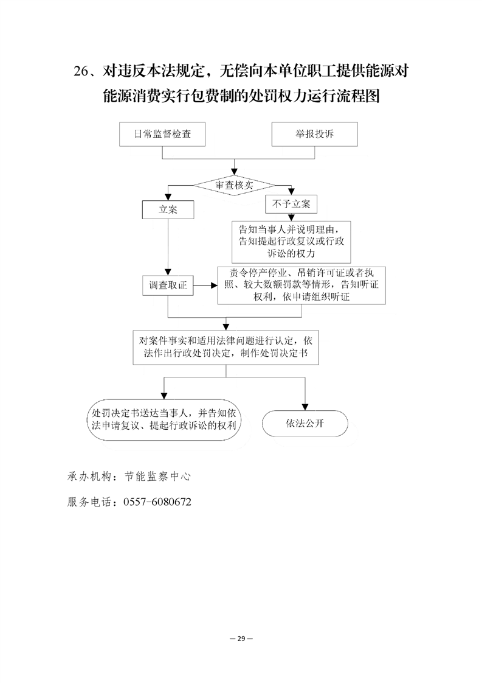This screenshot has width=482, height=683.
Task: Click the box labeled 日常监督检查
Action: [x=162, y=134]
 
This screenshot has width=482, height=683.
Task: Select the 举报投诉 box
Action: [x=314, y=134]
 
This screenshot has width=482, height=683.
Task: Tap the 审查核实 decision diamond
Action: [x=234, y=185]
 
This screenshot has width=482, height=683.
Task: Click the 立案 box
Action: [x=168, y=209]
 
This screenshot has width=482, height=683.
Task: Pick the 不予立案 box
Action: [x=291, y=204]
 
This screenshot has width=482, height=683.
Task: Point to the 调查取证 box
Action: [x=168, y=285]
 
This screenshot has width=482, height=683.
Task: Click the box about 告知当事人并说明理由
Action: [x=291, y=241]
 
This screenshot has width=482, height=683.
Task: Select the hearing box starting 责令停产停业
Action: [x=301, y=285]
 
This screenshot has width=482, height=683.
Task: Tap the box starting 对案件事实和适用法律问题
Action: [x=226, y=347]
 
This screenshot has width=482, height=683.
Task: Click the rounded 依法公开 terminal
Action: [x=305, y=423]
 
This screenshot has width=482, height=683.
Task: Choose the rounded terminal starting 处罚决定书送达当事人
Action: [x=164, y=419]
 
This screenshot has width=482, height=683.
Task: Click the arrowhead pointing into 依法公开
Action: [x=305, y=407]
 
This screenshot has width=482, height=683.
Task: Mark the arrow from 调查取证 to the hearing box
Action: [x=205, y=285]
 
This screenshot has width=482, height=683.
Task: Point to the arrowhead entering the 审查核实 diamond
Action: [x=234, y=172]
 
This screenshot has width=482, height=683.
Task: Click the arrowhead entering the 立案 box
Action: [x=168, y=197]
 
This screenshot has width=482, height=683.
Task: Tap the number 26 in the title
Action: [x=81, y=71]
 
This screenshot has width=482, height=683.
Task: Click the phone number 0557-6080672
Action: [x=157, y=502]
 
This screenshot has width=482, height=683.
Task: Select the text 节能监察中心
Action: [x=157, y=477]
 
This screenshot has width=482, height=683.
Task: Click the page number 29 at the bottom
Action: [x=241, y=639]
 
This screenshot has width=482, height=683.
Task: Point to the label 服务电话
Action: [x=89, y=502]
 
